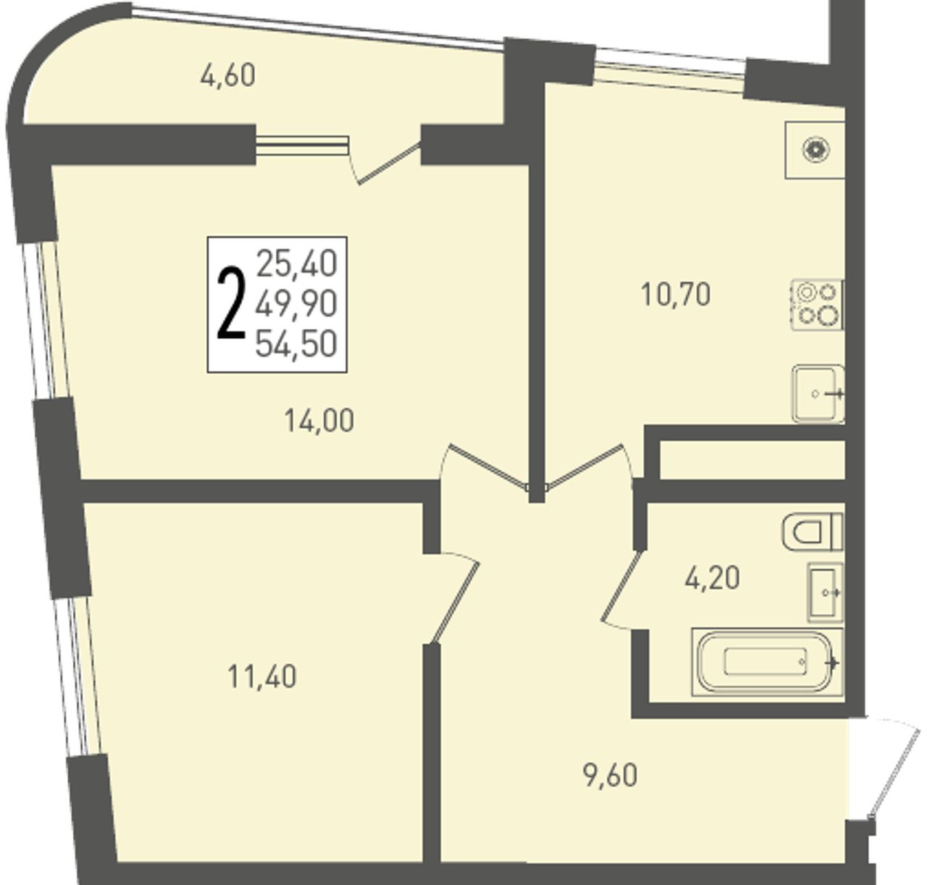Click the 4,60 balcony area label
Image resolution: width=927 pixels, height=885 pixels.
(227, 76)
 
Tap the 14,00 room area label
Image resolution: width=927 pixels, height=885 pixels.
(319, 421)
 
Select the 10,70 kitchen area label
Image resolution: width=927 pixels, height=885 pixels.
(676, 294)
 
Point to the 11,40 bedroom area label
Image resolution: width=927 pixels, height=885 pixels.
(262, 677)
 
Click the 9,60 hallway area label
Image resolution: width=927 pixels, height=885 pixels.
(611, 776)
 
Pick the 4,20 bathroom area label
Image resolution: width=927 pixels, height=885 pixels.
(712, 578)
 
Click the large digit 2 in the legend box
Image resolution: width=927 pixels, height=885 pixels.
(231, 304)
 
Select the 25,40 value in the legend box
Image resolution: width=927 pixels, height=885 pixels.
(297, 264)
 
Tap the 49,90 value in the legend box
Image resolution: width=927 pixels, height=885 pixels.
(296, 304)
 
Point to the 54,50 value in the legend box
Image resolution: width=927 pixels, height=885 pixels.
(296, 344)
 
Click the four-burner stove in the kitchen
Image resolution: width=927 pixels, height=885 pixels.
(816, 305)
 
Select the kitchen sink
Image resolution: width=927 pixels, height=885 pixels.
(818, 394)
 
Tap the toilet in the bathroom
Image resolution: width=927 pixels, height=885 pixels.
(813, 532)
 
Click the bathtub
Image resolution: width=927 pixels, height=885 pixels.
(767, 662)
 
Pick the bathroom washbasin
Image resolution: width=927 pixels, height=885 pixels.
(826, 592)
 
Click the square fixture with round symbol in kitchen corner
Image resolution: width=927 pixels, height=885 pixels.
(815, 150)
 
